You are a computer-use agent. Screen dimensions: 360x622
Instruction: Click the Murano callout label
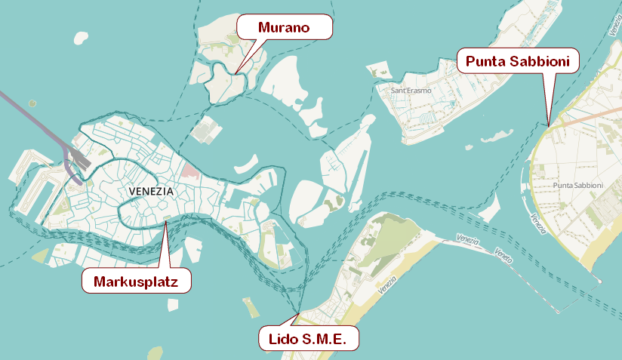[x=285, y=27]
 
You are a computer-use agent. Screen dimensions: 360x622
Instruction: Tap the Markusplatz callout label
[x=136, y=282]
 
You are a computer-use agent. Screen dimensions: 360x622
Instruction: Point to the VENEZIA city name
[x=151, y=192]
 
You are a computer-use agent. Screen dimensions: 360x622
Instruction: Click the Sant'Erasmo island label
[x=411, y=91]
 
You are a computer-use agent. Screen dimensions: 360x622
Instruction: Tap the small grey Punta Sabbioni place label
[x=577, y=185]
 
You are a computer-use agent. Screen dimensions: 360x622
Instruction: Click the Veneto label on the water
[x=503, y=254]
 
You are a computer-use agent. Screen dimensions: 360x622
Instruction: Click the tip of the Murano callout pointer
[x=236, y=73]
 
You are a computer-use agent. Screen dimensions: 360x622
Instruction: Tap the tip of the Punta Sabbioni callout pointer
[x=549, y=122]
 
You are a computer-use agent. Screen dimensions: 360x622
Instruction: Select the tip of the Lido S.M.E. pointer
[x=299, y=312]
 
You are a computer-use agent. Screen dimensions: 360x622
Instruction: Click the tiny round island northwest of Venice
[x=32, y=103]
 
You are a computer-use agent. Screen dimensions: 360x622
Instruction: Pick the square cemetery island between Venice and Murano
[x=205, y=130]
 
